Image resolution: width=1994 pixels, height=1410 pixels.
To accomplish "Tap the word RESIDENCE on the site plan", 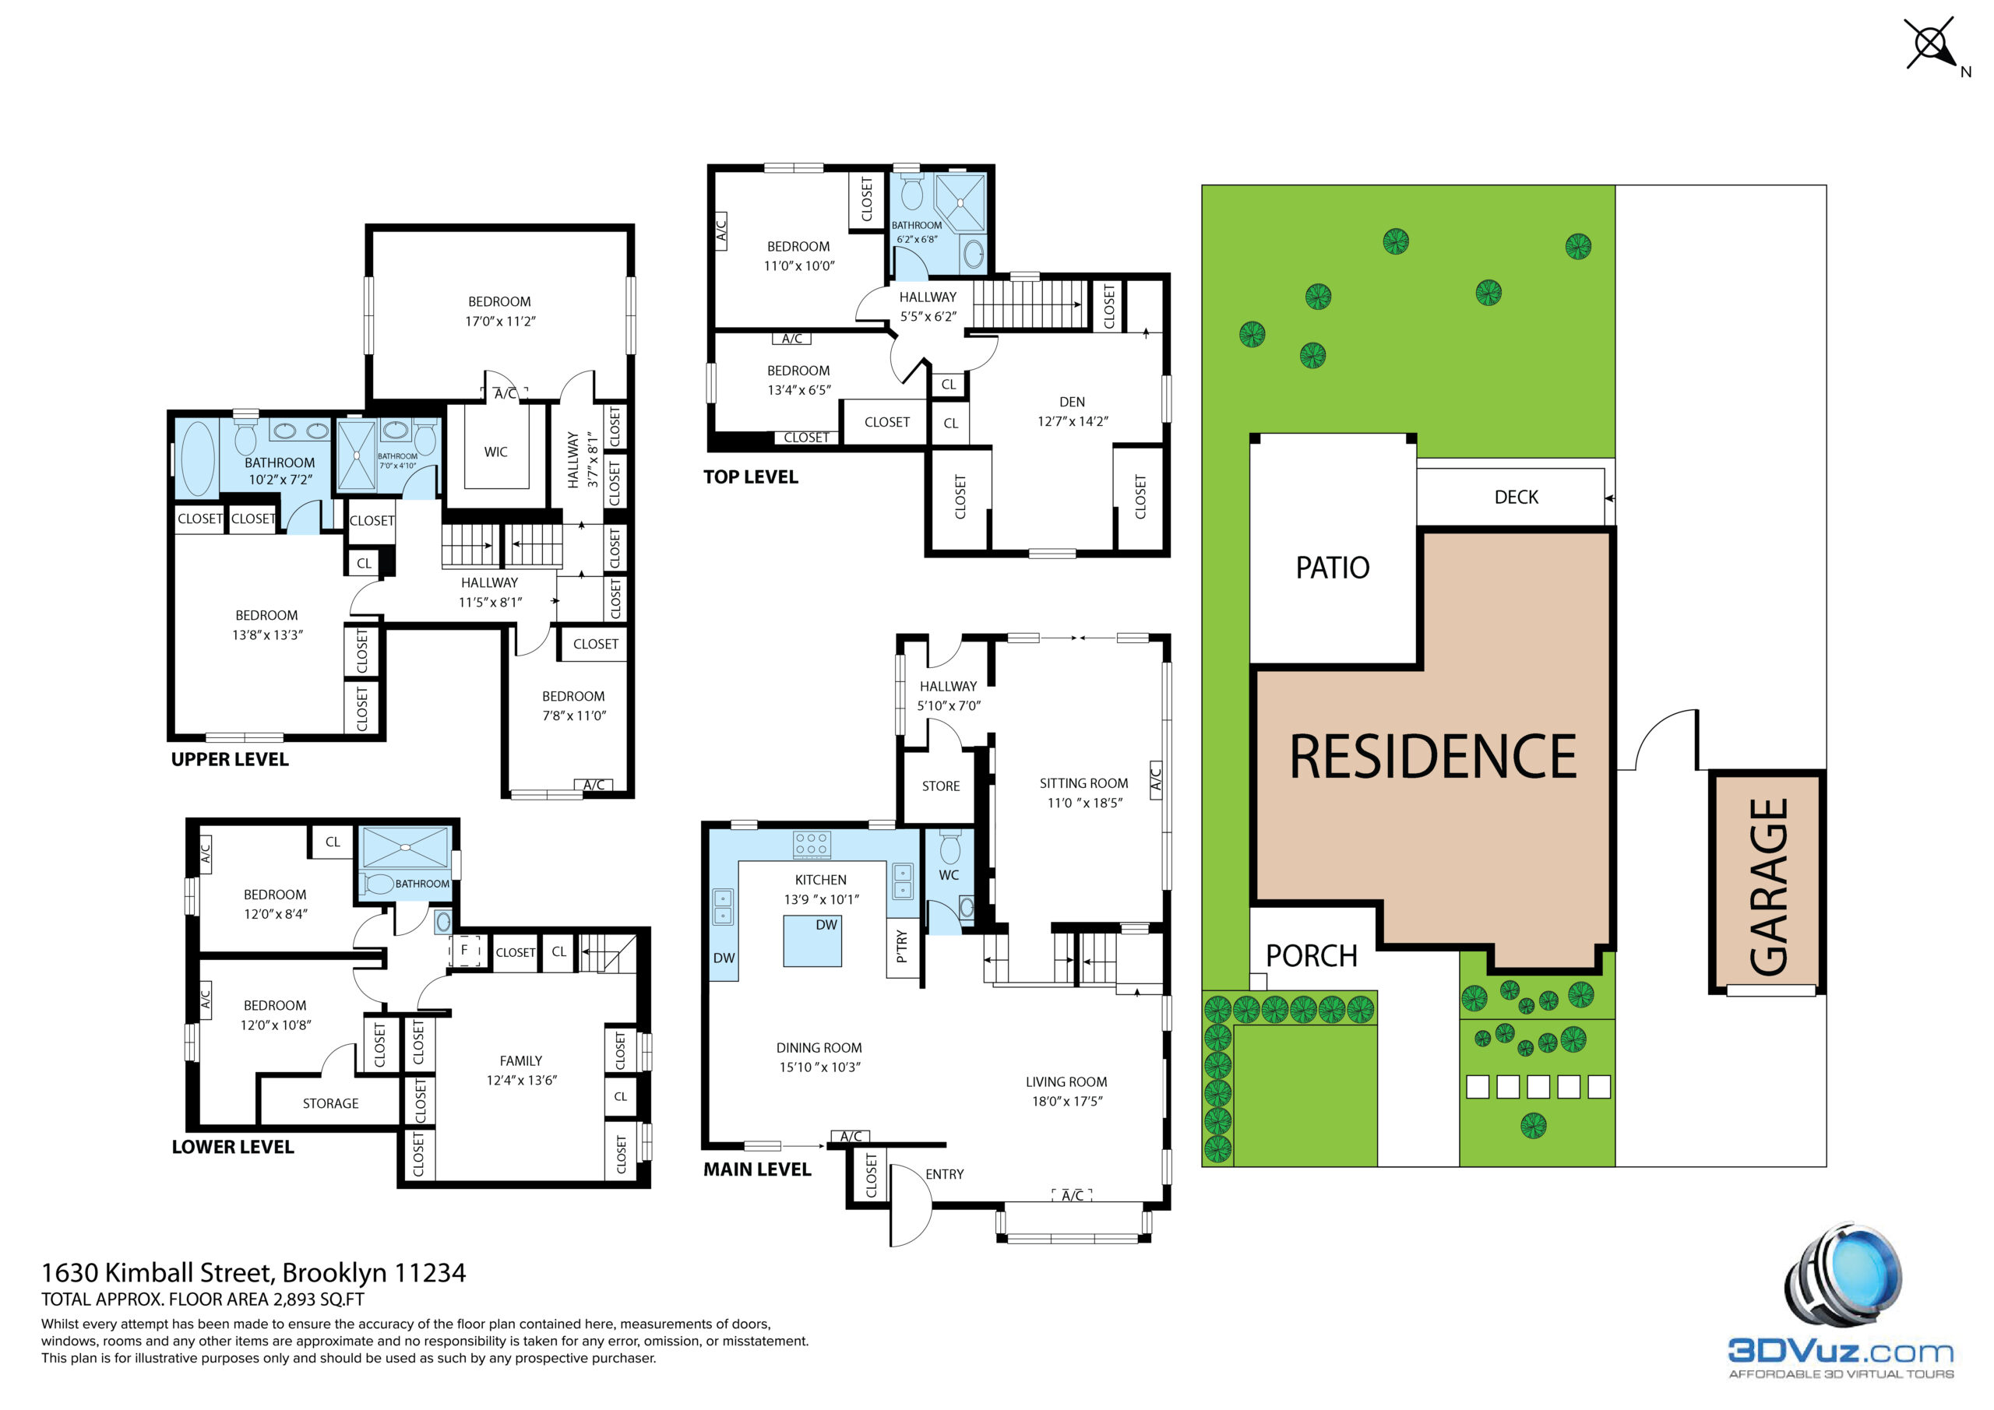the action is click(x=1433, y=757).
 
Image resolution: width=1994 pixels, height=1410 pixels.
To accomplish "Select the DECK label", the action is click(x=1517, y=498).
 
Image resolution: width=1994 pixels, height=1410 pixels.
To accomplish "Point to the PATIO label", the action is click(x=1332, y=568).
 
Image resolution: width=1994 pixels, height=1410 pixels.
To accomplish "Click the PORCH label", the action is click(x=1312, y=956).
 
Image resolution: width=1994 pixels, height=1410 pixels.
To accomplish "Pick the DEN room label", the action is click(x=1072, y=402).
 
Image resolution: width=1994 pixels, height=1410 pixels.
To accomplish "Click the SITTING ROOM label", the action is click(x=1083, y=783).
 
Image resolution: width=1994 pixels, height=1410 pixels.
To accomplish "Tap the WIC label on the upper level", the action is click(x=496, y=452).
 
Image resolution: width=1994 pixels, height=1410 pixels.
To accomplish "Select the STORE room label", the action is click(x=941, y=786).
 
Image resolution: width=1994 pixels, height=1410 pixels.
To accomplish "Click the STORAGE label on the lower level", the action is click(x=330, y=1103).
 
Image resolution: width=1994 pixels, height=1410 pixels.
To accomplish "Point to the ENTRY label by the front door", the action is click(x=944, y=1174).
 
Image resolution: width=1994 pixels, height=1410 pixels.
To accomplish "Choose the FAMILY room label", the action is click(x=520, y=1061).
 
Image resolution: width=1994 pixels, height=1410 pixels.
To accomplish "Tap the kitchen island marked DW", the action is click(x=812, y=941).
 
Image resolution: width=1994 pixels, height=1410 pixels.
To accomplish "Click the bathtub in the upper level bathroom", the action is click(x=197, y=459).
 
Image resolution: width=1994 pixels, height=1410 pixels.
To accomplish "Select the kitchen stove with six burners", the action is click(x=811, y=844).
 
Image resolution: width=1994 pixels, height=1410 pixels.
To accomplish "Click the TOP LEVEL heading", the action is click(x=750, y=476).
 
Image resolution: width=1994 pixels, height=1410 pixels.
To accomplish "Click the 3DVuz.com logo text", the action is click(x=1841, y=1352).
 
